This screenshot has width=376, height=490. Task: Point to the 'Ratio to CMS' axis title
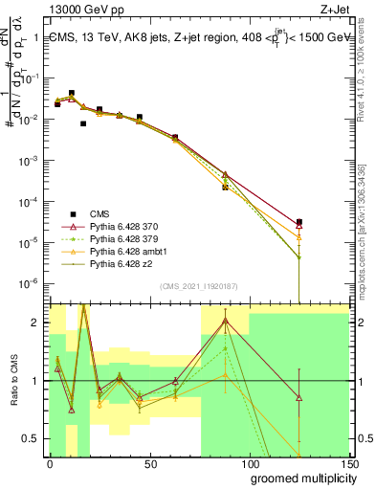(x=13, y=381)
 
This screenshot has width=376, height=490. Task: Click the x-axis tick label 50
(x=150, y=462)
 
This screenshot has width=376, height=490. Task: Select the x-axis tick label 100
(x=250, y=462)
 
